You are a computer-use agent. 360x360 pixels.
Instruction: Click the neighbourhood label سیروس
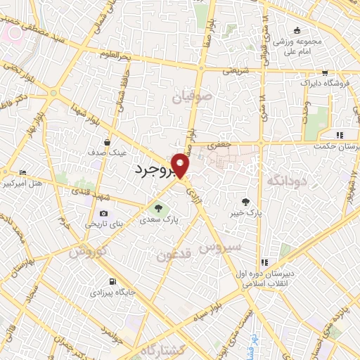tap(220, 247)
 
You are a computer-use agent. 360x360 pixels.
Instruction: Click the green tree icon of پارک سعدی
tap(158, 207)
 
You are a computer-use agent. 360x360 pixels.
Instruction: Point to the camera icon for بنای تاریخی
tap(104, 214)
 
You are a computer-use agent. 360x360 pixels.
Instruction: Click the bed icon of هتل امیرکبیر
tap(23, 173)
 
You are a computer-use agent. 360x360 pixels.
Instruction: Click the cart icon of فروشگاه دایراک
tap(325, 72)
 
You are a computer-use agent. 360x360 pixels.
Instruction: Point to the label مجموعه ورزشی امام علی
tap(298, 46)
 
